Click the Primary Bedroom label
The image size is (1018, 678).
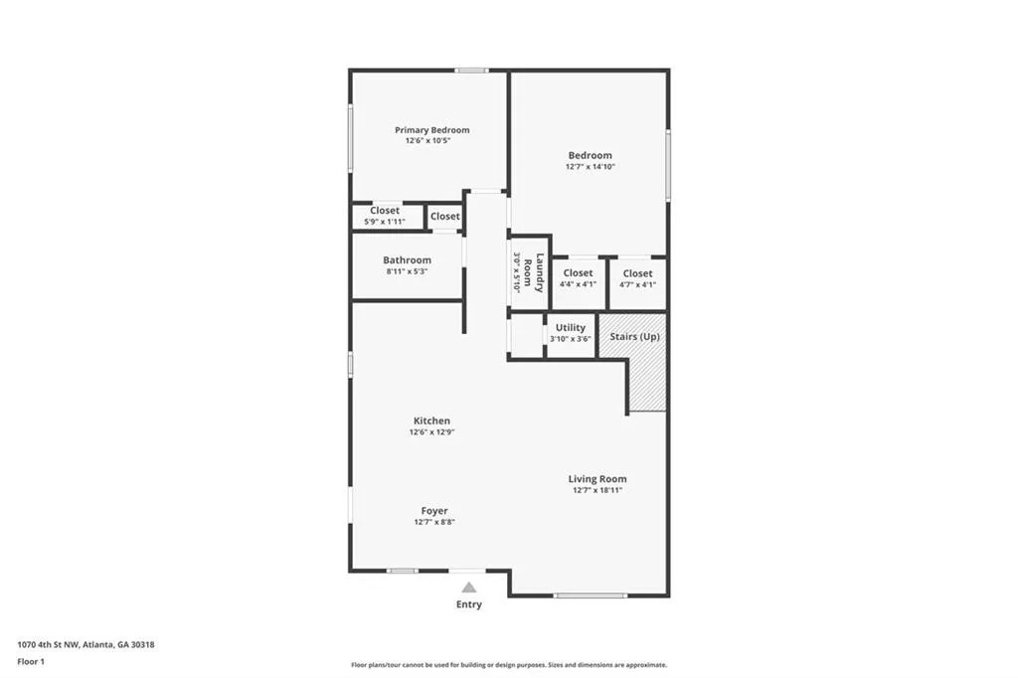click(x=431, y=130)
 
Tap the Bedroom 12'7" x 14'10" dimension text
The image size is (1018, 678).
click(x=590, y=167)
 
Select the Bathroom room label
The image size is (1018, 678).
click(x=407, y=260)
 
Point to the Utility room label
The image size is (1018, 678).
click(x=570, y=327)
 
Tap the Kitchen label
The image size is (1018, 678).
click(x=431, y=421)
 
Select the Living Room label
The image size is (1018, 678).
click(x=596, y=479)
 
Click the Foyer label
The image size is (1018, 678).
click(x=433, y=511)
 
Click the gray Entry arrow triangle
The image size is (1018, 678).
click(x=468, y=588)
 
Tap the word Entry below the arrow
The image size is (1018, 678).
click(x=468, y=604)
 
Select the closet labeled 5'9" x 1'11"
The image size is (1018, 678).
click(x=385, y=216)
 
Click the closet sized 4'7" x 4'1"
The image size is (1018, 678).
click(x=637, y=278)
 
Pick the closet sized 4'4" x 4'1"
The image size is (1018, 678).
click(x=578, y=278)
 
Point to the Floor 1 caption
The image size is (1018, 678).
click(x=32, y=660)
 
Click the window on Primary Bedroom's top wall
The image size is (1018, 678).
click(x=471, y=70)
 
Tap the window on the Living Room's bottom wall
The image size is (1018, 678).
click(x=591, y=595)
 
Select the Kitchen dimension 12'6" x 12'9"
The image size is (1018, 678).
click(x=431, y=432)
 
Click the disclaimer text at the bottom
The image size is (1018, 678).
click(x=508, y=665)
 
